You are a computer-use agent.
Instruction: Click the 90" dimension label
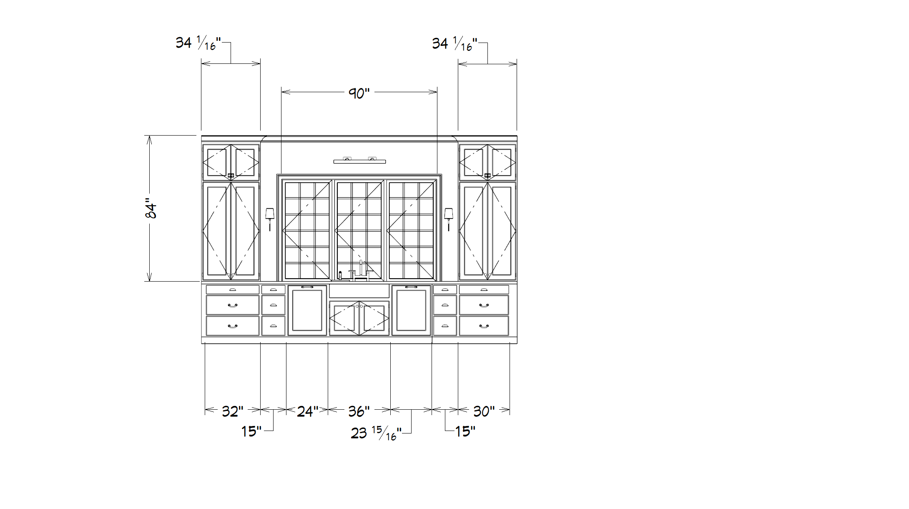[359, 93]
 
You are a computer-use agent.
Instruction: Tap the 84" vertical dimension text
[151, 208]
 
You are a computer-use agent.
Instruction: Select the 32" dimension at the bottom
[232, 411]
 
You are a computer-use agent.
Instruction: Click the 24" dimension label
[307, 411]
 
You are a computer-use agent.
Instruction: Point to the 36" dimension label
[359, 411]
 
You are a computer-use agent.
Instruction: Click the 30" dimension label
[484, 411]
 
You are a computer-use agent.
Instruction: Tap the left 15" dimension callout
[251, 431]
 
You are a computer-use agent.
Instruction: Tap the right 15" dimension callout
[465, 431]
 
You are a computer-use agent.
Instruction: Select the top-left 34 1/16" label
[198, 43]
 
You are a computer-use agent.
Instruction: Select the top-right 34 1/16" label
[454, 44]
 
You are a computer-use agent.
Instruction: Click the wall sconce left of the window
[270, 219]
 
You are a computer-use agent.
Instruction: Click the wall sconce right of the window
[448, 219]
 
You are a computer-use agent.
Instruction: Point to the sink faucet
[361, 270]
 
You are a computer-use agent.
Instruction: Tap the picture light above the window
[359, 161]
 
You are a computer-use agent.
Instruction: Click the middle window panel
[359, 230]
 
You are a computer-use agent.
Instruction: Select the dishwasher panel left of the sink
[307, 310]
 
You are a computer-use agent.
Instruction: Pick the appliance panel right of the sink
[411, 310]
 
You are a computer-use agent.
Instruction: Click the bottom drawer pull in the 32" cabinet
[233, 326]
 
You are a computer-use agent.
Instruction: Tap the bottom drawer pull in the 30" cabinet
[484, 326]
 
